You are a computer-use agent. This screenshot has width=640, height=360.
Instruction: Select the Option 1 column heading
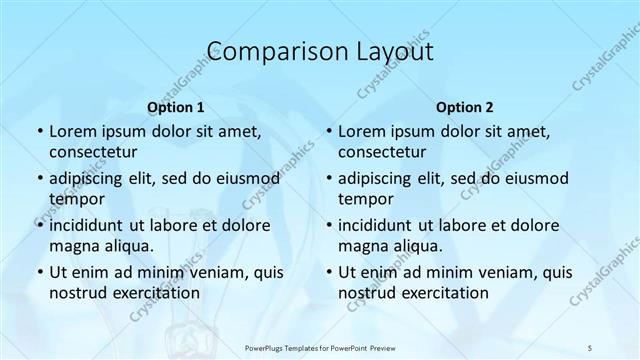pos(175,106)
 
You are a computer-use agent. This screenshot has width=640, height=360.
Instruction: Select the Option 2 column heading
pos(464,106)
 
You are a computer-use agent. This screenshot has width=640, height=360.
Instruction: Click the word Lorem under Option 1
pos(71,131)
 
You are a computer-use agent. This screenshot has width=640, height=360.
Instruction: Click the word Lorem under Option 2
pos(361,131)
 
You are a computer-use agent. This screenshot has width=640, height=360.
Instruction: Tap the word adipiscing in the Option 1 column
pos(91,178)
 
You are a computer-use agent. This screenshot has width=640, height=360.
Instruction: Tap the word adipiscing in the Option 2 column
pos(380,178)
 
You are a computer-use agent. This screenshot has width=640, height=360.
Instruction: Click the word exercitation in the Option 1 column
pos(155,292)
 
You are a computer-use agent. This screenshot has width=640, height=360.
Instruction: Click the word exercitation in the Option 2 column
pos(445,292)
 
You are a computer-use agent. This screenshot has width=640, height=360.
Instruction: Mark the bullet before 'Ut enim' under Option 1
pos(38,272)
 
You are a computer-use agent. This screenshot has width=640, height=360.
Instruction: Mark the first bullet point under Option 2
pos(328,131)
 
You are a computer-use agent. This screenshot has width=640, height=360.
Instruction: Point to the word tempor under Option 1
pos(74,198)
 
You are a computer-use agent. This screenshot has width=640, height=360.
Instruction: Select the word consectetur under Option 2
pos(382,152)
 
